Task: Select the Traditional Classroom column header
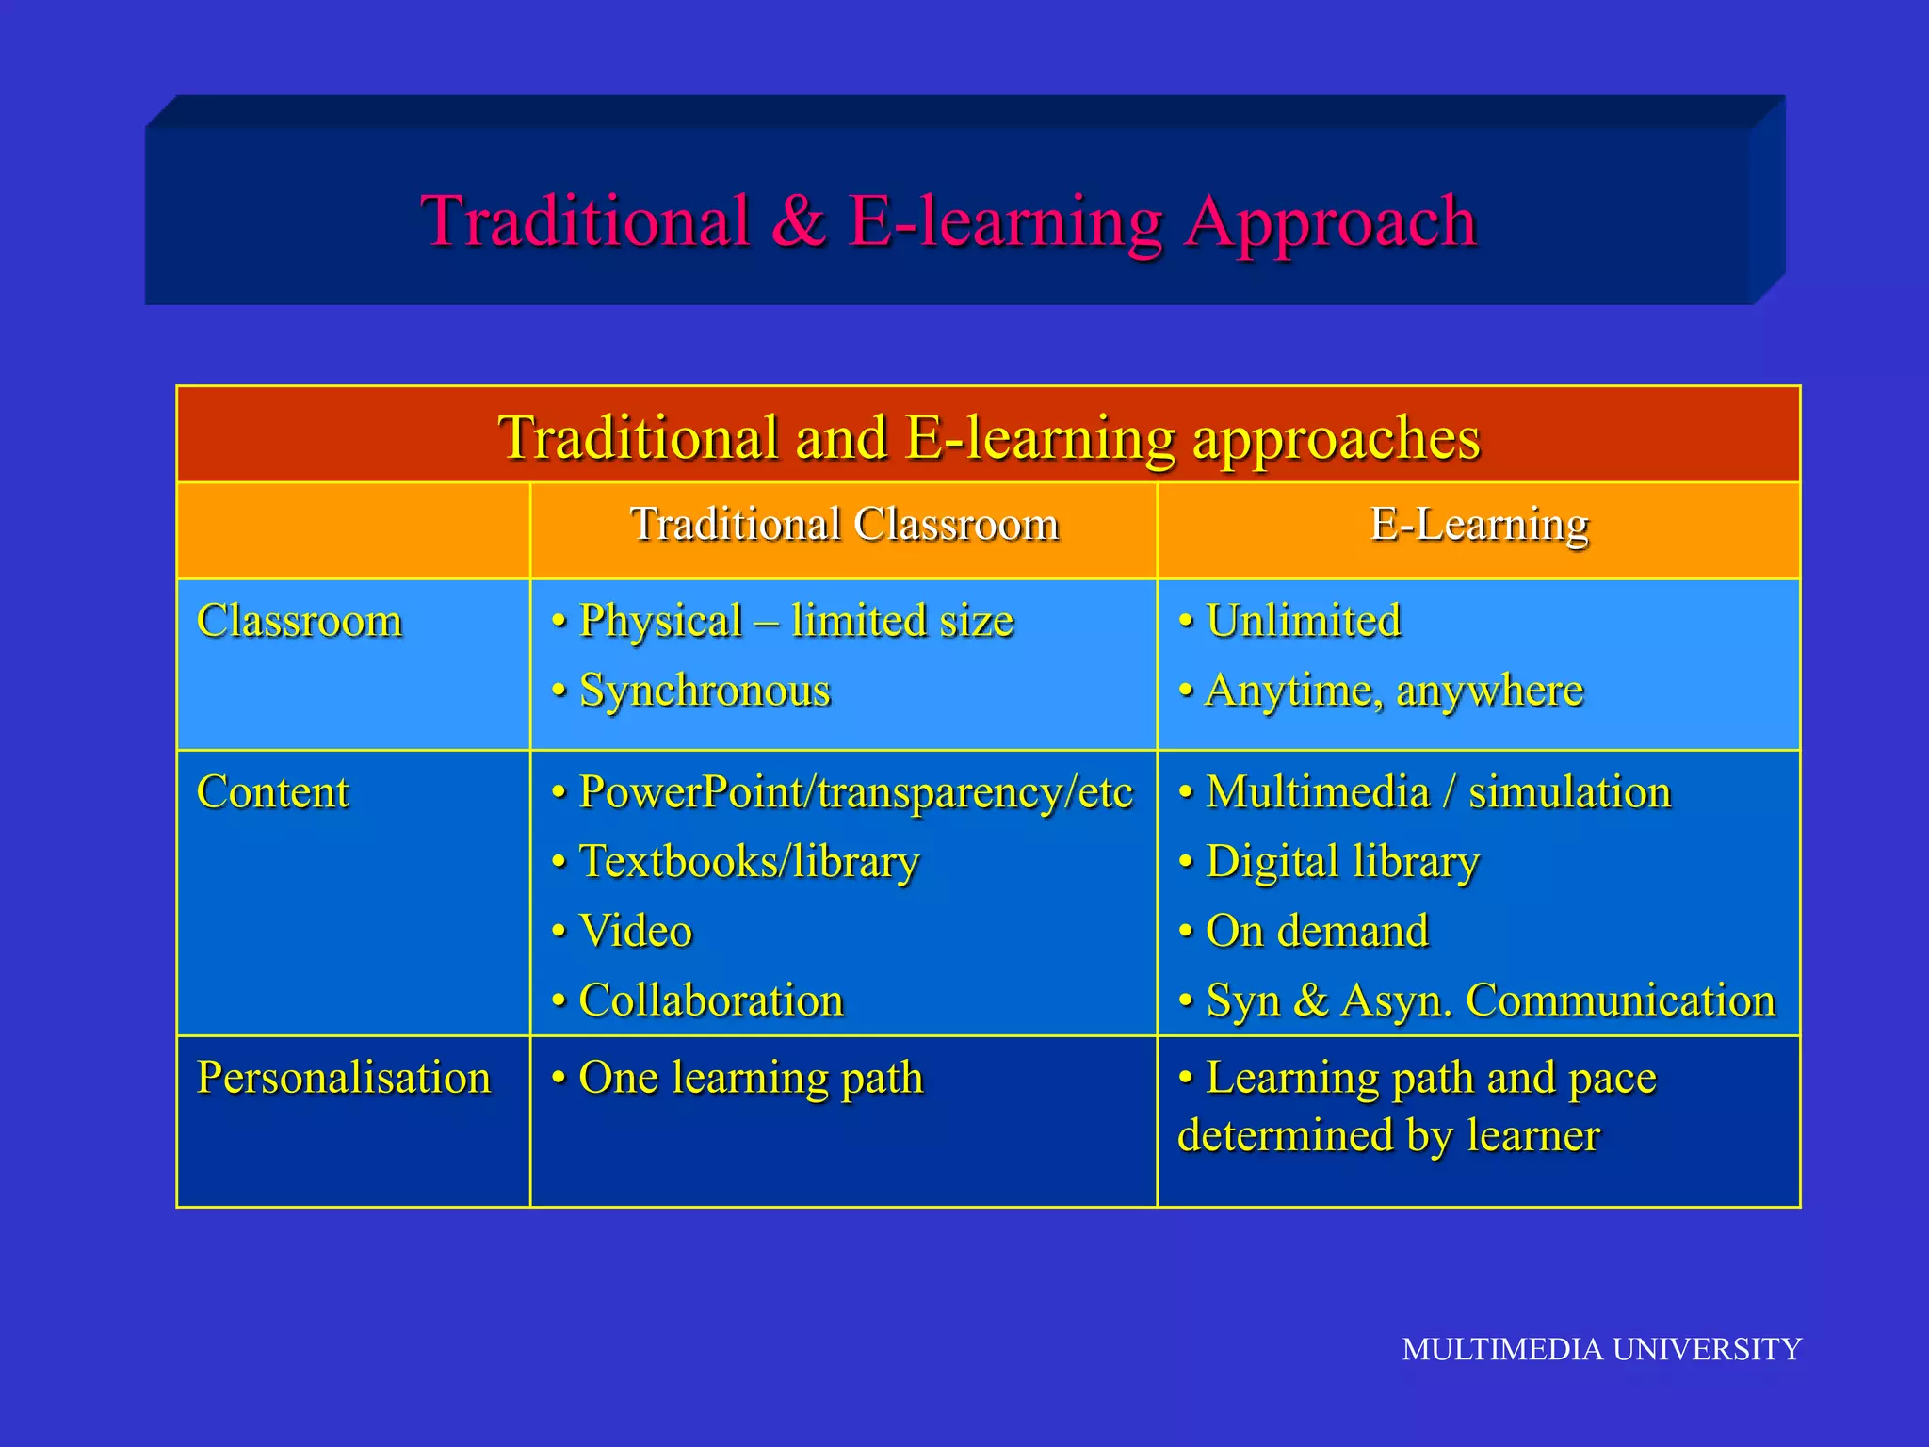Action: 844,524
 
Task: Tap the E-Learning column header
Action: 1479,524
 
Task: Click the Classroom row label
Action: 300,621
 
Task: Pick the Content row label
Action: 273,791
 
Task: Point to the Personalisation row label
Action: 344,1077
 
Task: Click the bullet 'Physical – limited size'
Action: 796,621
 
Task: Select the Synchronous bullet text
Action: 705,691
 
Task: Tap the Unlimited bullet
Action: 1303,621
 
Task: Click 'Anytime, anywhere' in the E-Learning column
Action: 1394,691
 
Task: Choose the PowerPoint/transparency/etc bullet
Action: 855,792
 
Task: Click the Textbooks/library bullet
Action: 749,862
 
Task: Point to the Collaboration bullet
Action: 711,1000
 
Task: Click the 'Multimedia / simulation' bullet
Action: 1437,792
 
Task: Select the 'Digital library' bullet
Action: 1342,862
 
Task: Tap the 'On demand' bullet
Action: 1317,931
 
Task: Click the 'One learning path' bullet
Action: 751,1078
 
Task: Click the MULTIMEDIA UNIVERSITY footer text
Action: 1601,1349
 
